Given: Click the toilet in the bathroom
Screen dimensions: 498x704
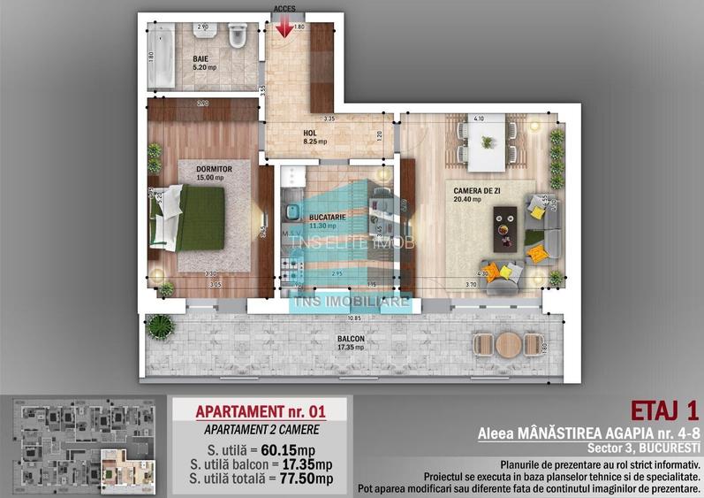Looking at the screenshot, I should pos(237,36).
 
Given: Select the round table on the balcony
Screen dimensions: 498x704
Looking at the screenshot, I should pos(506,344).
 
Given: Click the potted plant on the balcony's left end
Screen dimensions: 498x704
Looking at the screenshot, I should pos(158,326).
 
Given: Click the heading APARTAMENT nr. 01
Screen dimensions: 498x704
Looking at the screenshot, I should pos(261,412).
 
